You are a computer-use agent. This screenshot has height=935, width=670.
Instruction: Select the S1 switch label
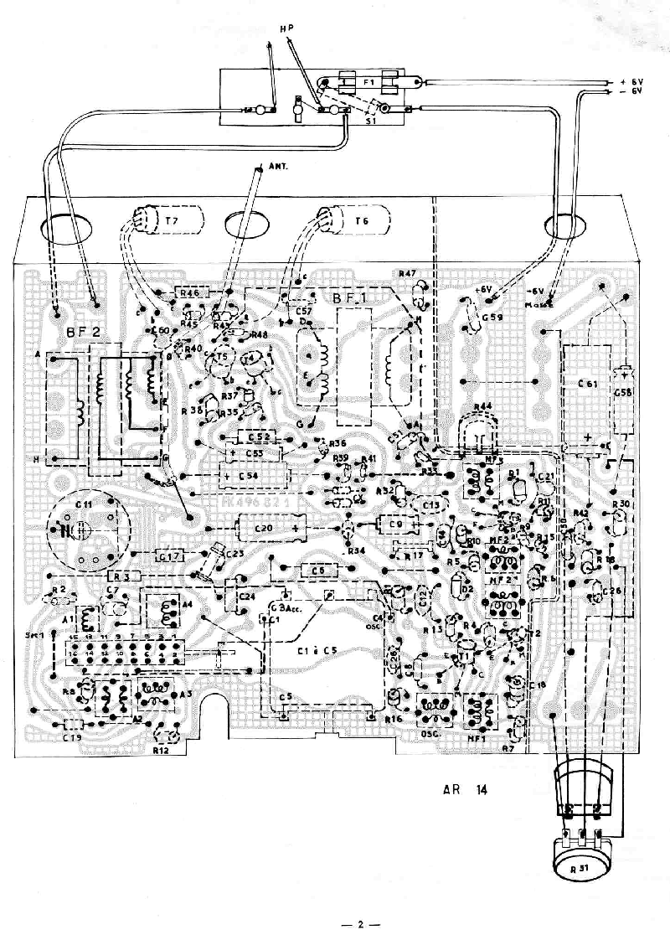369,121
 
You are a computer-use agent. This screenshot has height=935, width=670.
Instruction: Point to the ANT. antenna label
279,166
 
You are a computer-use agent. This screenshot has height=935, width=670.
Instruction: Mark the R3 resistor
123,576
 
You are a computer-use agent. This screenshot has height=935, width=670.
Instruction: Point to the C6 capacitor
317,570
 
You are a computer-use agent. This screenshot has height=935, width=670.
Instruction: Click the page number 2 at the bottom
359,924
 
